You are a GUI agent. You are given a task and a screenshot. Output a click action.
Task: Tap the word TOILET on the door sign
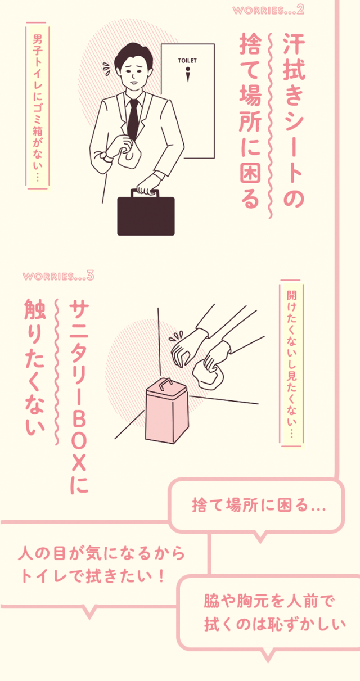(x=188, y=59)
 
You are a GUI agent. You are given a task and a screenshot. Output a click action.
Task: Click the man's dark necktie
(x=133, y=118)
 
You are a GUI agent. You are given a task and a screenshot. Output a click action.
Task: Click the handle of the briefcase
(x=146, y=192)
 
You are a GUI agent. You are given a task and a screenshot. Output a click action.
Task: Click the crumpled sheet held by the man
(x=129, y=156)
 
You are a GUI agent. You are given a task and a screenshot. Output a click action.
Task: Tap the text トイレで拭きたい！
(x=93, y=575)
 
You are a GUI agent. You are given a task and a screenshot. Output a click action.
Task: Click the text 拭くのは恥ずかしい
(x=267, y=624)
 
